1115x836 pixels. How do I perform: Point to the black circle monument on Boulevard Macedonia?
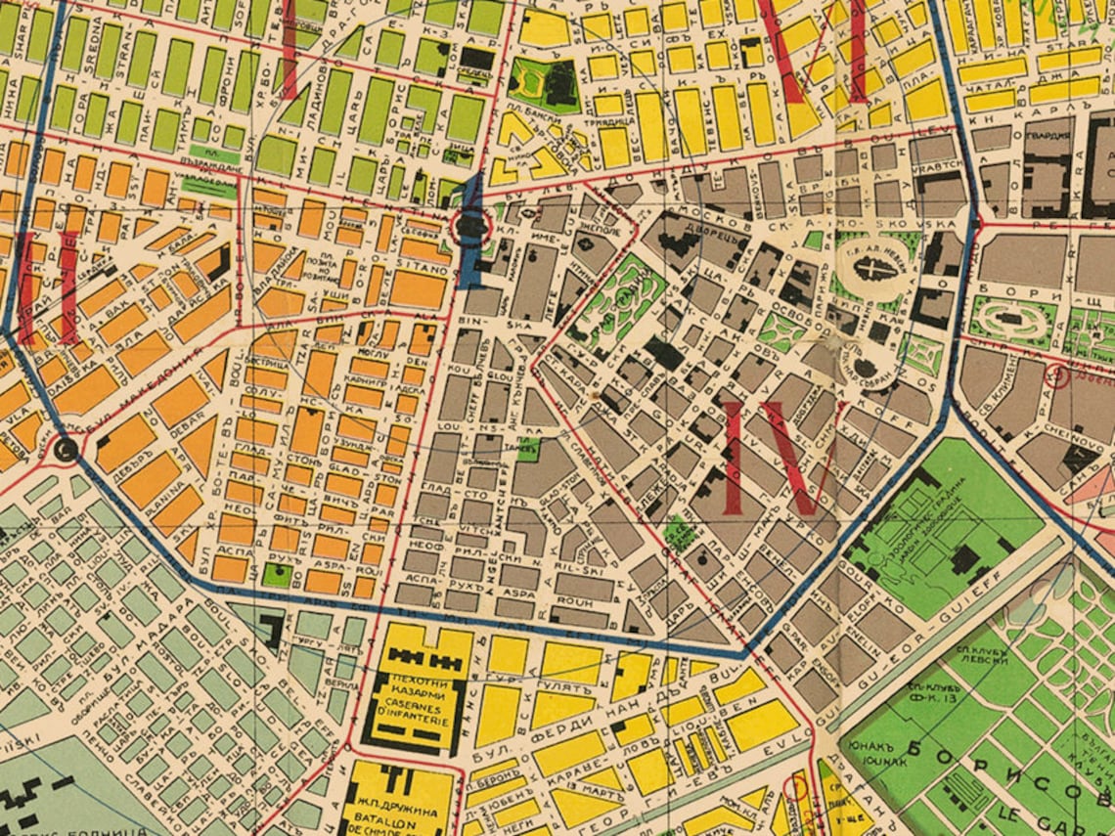(x=67, y=450)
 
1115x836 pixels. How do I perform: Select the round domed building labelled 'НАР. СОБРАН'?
(x=866, y=369)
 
